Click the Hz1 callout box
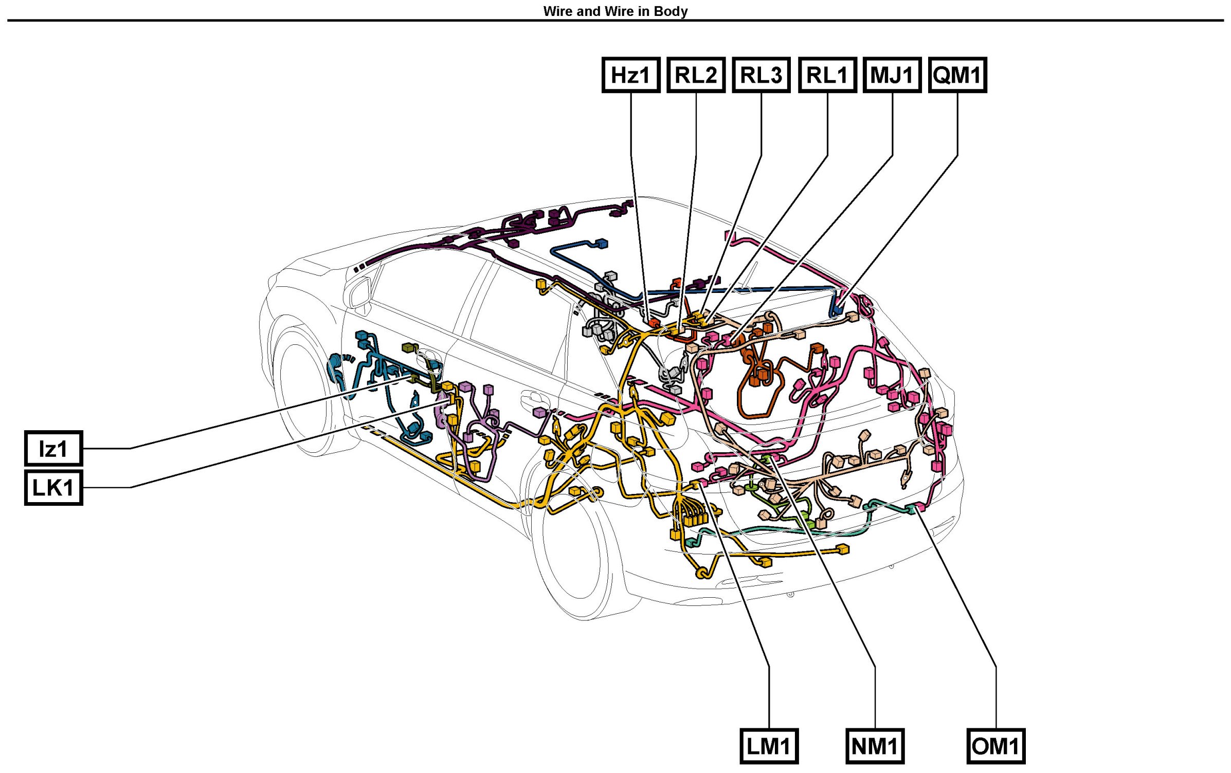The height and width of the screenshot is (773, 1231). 630,75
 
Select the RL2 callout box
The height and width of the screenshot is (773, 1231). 696,75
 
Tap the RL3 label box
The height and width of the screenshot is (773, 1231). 761,75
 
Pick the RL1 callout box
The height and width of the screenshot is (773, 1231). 827,75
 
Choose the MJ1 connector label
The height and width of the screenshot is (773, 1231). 892,75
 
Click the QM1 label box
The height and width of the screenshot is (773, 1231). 957,75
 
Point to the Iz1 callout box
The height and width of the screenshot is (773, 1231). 53,449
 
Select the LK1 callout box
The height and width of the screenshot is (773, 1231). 53,487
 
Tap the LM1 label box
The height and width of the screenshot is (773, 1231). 769,746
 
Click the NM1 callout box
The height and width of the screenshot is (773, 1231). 875,746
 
